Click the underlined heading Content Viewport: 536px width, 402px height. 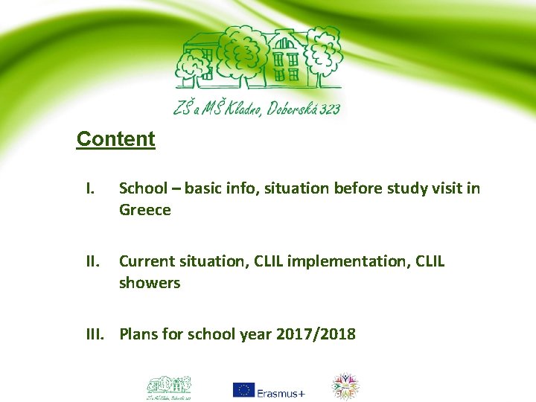coord(115,139)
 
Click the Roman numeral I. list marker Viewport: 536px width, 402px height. coord(89,189)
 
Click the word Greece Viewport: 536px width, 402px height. coord(144,211)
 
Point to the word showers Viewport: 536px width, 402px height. coord(149,284)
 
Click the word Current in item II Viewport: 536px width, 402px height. coord(147,261)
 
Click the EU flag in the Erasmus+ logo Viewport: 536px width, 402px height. coord(243,389)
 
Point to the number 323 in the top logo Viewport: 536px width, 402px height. coord(326,109)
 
